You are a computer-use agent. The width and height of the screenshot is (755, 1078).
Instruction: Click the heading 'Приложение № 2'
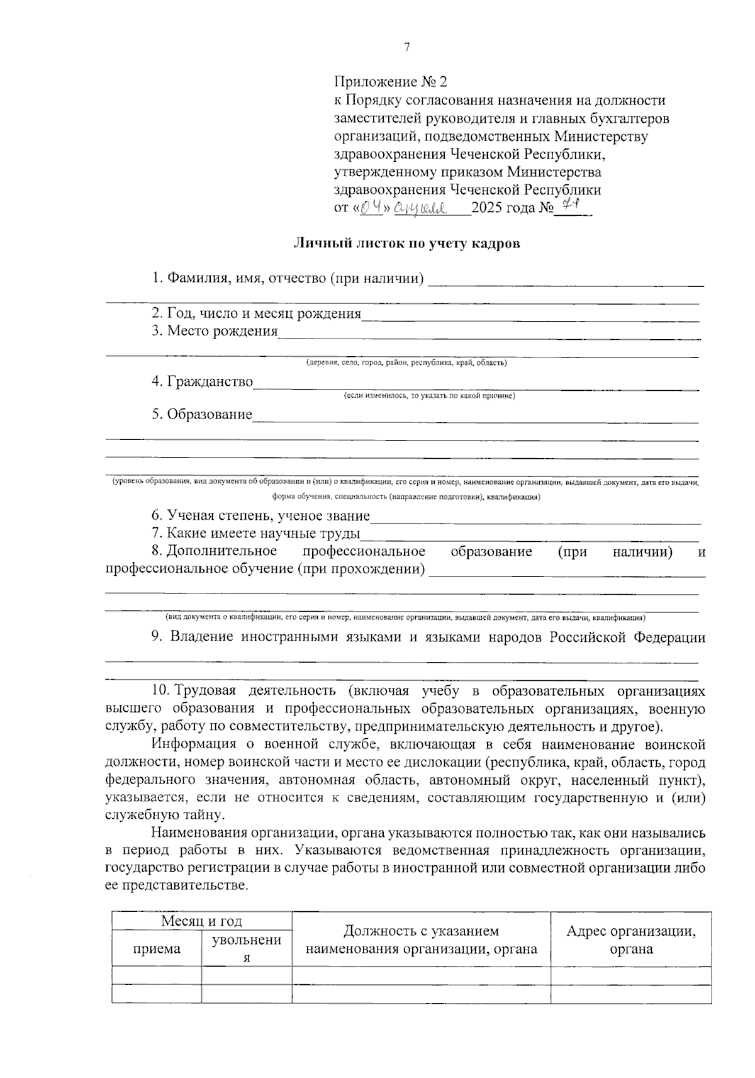pos(391,82)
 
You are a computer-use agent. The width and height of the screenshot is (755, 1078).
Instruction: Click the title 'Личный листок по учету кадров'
pos(407,244)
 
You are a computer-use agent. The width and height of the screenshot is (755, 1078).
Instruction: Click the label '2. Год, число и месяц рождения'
pos(257,313)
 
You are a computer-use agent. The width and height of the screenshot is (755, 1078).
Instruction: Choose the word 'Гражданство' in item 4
pos(210,382)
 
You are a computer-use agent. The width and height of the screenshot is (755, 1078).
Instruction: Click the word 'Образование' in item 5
pos(210,415)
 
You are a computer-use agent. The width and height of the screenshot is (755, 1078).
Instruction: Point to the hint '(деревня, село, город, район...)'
pos(406,363)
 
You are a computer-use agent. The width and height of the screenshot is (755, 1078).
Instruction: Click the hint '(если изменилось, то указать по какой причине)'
pos(429,396)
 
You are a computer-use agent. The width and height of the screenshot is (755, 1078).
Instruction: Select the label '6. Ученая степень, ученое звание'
pos(260,516)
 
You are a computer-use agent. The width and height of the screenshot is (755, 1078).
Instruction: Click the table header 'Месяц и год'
pos(201,921)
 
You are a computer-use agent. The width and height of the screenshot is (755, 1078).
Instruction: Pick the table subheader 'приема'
pos(157,948)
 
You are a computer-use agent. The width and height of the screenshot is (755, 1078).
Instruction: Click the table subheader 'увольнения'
pos(247,948)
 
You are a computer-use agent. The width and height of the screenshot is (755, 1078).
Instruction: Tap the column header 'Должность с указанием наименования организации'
pos(421,940)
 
